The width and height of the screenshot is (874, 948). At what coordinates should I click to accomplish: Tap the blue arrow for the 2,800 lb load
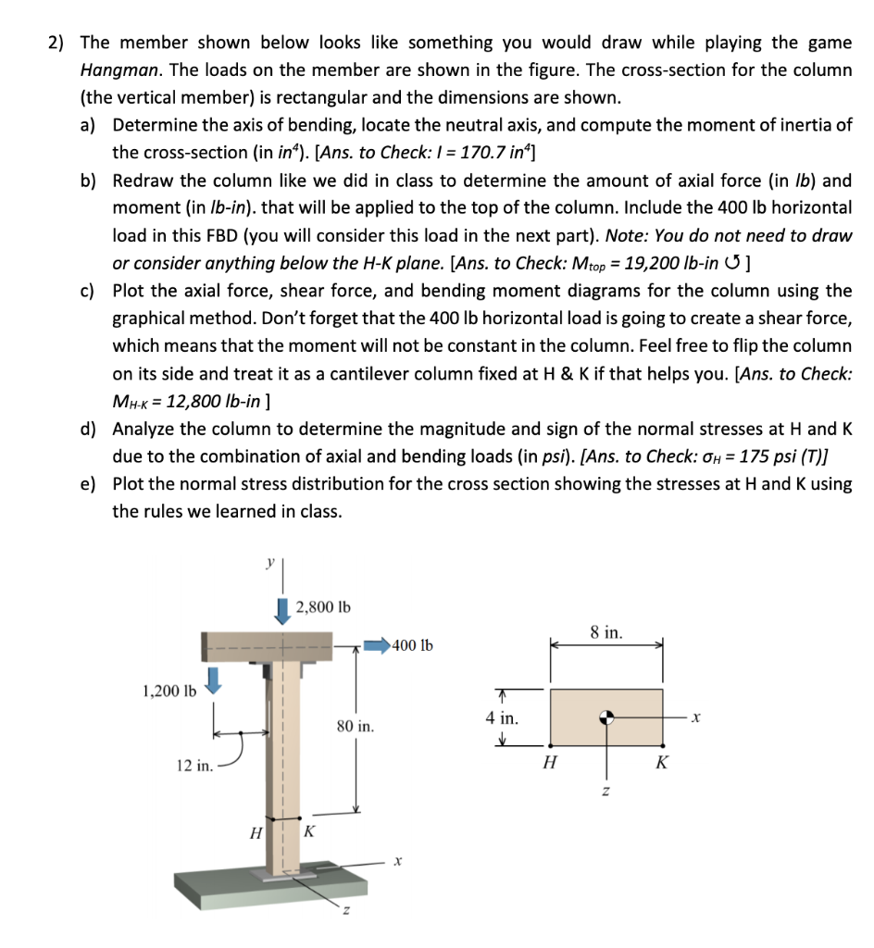click(x=282, y=609)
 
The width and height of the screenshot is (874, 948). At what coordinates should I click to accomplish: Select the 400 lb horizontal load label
click(x=412, y=645)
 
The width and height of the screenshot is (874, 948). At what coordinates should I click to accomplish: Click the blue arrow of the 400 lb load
click(x=375, y=645)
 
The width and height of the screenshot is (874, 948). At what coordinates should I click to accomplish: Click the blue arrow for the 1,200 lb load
click(x=214, y=682)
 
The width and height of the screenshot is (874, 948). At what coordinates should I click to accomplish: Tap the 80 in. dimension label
click(x=356, y=727)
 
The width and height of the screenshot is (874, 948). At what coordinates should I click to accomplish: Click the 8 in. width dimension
click(x=606, y=633)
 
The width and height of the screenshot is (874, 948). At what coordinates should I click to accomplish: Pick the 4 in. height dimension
click(x=501, y=717)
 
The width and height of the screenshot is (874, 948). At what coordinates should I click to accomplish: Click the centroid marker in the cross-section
click(x=606, y=717)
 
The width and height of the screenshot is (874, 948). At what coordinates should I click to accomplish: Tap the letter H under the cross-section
click(x=551, y=764)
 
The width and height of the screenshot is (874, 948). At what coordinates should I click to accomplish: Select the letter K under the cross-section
click(x=662, y=764)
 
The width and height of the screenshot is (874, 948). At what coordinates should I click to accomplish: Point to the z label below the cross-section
click(x=607, y=792)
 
